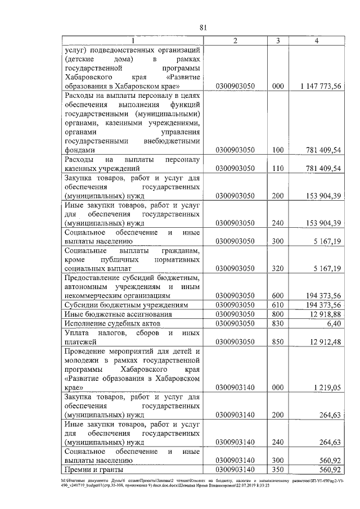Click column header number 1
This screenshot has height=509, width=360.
coord(133,40)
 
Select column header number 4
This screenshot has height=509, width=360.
coord(317,40)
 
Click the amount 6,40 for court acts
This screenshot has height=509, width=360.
coord(333,324)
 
